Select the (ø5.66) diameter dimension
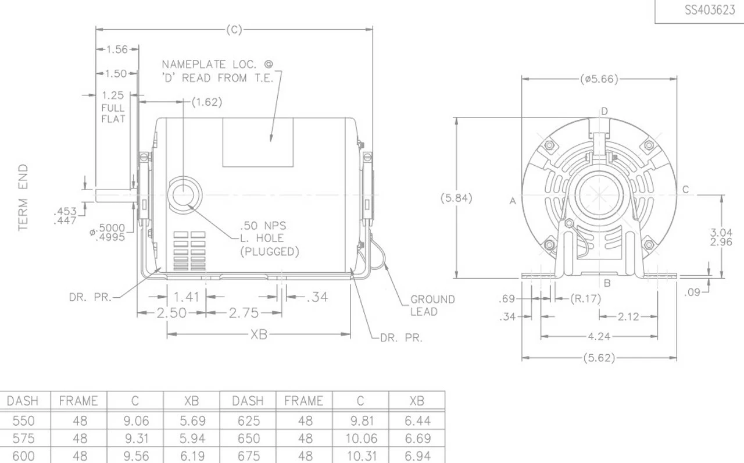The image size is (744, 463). click(599, 79)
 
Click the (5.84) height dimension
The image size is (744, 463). click(456, 198)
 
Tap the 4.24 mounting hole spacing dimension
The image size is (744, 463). click(599, 336)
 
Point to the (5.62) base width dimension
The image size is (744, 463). click(599, 358)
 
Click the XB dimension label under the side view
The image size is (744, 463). click(259, 334)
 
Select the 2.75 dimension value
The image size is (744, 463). click(243, 313)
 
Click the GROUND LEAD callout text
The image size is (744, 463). click(432, 305)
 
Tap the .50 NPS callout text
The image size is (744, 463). click(263, 225)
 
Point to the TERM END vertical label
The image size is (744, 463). click(23, 197)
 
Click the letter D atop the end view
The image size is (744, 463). click(604, 111)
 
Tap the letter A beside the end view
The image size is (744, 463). click(513, 201)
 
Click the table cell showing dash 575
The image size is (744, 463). click(23, 439)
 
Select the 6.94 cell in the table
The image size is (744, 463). click(417, 456)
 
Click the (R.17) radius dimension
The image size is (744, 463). click(585, 299)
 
